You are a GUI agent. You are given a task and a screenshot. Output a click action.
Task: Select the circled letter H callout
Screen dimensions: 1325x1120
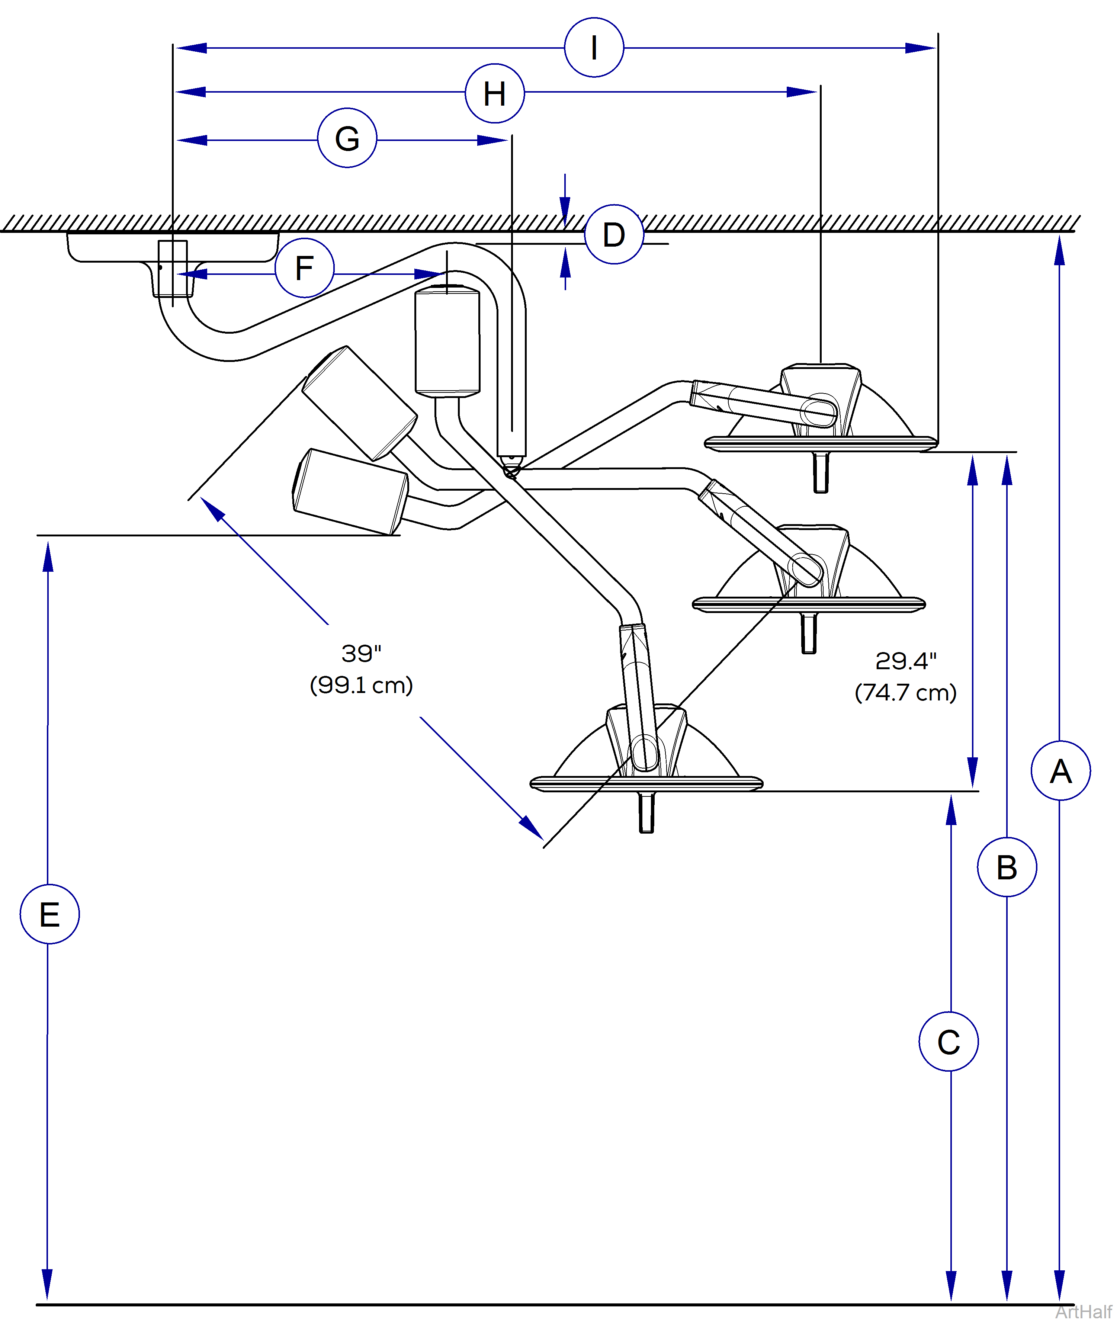point(495,93)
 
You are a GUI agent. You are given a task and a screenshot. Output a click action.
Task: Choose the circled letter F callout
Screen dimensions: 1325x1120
point(304,268)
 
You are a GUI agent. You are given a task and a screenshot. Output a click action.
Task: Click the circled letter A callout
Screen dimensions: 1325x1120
point(1060,771)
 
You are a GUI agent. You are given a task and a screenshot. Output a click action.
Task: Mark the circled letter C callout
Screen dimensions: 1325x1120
point(949,1042)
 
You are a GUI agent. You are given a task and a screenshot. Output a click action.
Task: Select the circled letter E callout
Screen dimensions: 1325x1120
point(49,914)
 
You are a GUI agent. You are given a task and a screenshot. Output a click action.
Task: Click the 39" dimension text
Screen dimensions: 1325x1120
point(361,653)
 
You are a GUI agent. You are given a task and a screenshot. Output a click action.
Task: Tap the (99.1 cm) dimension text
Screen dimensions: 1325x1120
point(361,684)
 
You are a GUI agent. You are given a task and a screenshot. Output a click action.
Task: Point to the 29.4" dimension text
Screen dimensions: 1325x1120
point(905,661)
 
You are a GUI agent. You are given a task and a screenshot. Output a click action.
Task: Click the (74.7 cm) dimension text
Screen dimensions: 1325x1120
point(905,692)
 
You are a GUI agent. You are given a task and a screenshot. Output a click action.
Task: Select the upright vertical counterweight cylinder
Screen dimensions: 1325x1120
point(447,341)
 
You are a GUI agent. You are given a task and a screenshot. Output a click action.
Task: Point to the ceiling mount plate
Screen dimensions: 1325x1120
point(173,248)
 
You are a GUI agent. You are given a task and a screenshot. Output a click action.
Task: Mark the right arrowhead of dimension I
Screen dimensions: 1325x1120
point(921,48)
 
